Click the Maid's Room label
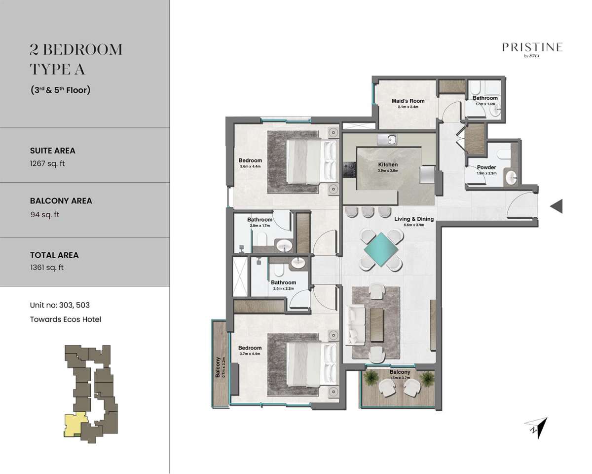pos(407,101)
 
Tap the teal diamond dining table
pos(381,249)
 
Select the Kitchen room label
pos(388,164)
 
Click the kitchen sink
pos(387,140)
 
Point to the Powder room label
pos(486,167)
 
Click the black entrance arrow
pos(556,206)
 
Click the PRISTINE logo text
pos(532,47)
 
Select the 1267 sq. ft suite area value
pos(47,163)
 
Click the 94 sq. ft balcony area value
pos(45,215)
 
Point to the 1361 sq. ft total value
pos(47,268)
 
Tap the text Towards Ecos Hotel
pos(66,319)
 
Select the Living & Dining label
pos(414,219)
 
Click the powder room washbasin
pos(512,177)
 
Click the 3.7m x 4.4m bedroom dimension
pos(250,354)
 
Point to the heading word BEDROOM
pos(82,50)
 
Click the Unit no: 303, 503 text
pos(60,305)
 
